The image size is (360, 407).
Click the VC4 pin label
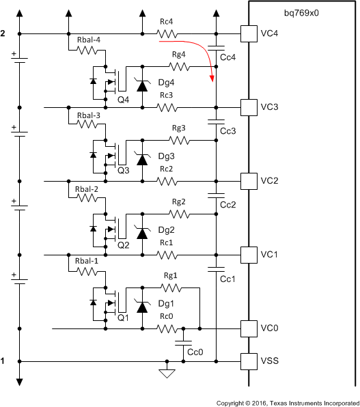pyautogui.click(x=268, y=33)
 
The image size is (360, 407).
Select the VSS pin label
pyautogui.click(x=268, y=360)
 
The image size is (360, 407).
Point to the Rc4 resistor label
pyautogui.click(x=166, y=22)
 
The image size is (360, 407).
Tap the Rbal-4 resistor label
pyautogui.click(x=88, y=39)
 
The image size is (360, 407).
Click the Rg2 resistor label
pyautogui.click(x=178, y=201)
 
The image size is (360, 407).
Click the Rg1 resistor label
pyautogui.click(x=171, y=275)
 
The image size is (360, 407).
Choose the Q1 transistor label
pyautogui.click(x=123, y=319)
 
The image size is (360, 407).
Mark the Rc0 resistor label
pyautogui.click(x=166, y=316)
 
